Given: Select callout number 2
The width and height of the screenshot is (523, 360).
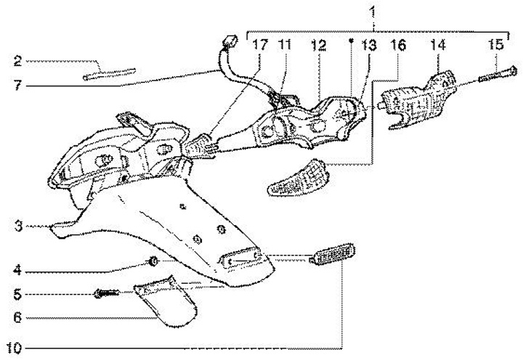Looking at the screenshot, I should coord(17,60).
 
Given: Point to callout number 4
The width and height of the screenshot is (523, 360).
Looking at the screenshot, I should coord(16,272).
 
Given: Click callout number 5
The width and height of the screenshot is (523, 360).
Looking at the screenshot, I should coord(16,295).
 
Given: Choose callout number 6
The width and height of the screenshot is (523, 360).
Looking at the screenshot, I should coord(16,317).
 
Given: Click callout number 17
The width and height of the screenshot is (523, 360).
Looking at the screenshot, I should coord(259,45).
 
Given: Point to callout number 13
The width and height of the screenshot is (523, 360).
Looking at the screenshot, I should coord(369,45).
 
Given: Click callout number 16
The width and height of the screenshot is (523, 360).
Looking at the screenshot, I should coord(398,45).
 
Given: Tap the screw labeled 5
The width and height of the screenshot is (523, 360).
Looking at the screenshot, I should coord(106,293).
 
